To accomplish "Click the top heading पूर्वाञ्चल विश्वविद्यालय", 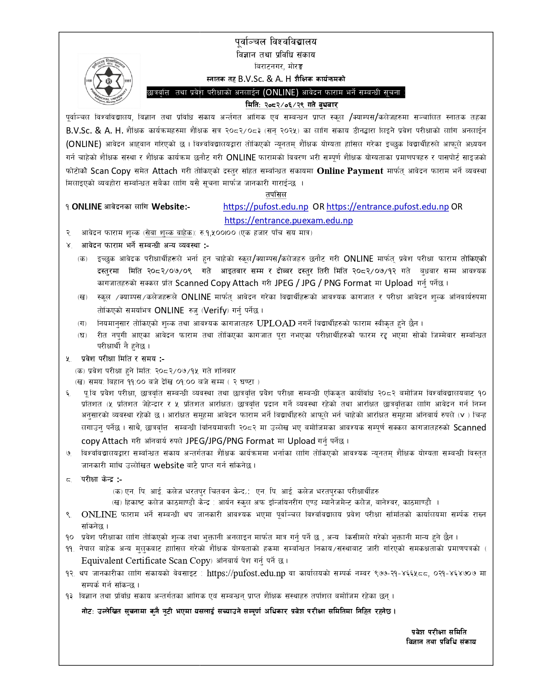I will [276, 42].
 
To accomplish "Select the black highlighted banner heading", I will [276, 92].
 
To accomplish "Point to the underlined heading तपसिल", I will [276, 194].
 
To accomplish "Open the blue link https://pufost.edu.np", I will [266, 207].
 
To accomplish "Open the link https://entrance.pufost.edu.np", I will [387, 207].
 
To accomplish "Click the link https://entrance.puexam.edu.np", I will [289, 220].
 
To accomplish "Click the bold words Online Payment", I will [350, 171].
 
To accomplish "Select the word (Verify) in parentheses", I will [215, 310].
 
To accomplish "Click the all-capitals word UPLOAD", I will [276, 323].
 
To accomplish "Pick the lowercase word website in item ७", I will [169, 465].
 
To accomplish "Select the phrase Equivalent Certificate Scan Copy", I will [146, 561].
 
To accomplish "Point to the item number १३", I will [69, 596].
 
